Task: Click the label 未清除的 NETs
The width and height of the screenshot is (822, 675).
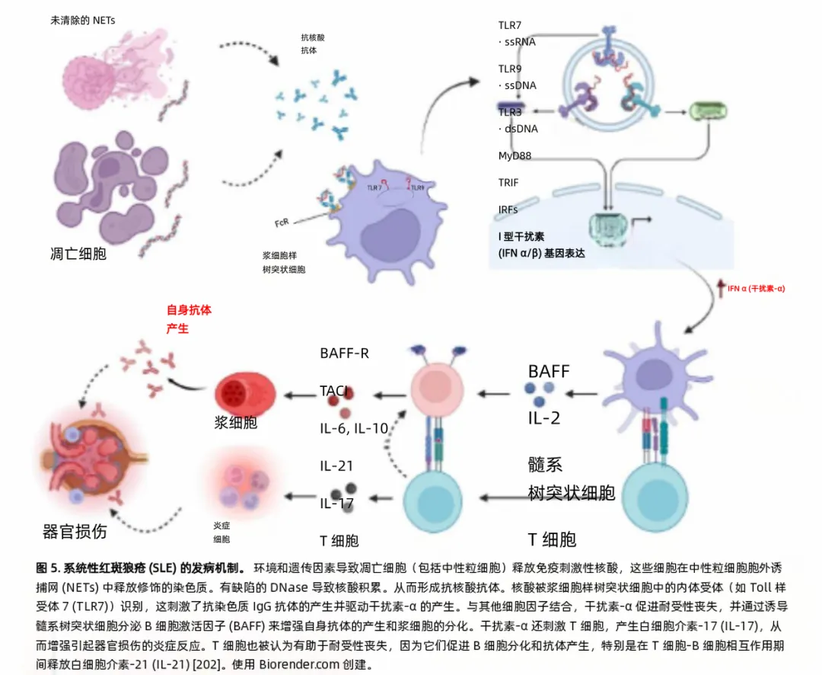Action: coord(83,21)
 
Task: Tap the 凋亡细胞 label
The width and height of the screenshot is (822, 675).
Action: coord(78,253)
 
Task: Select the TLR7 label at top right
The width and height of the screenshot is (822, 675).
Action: coord(510,25)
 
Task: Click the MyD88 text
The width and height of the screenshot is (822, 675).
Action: coord(515,156)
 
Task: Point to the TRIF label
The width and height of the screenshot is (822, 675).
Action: coord(508,183)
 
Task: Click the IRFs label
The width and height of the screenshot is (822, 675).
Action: coord(508,208)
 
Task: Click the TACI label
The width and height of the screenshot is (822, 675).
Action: coord(334,391)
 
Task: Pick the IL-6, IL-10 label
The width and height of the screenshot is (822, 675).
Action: coord(354,428)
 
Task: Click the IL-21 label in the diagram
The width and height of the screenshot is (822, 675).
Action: coord(336,465)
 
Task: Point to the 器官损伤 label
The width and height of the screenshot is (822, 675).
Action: coord(75,531)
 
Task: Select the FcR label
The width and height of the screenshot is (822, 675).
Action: coord(282,223)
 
